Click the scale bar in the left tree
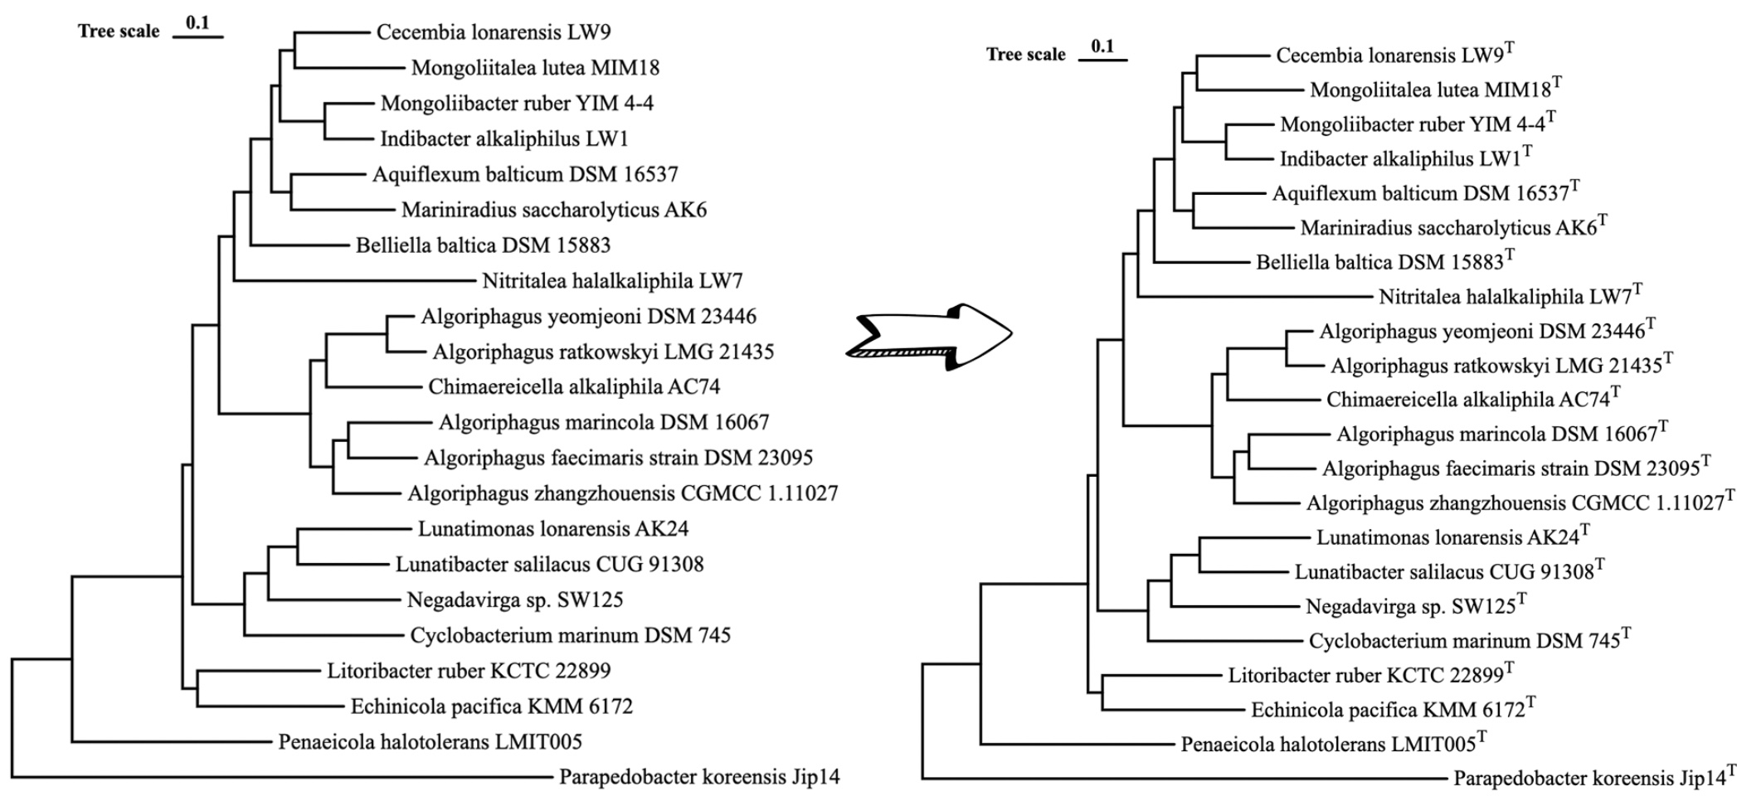198,36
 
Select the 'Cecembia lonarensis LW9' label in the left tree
494,32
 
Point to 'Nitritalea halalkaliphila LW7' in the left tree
612,281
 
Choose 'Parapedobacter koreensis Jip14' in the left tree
699,777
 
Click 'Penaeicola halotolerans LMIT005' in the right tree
1328,744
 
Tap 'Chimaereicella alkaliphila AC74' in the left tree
574,387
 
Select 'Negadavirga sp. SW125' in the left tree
514,600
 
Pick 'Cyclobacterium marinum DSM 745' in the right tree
1464,641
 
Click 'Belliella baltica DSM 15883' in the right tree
1379,263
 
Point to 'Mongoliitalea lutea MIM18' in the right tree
1430,90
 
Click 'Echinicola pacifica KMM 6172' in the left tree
491,706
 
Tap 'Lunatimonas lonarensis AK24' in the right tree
1447,537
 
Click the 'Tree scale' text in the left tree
119,32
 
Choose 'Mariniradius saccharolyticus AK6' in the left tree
553,210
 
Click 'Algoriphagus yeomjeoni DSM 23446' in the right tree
1482,332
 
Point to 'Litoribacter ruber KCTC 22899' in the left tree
469,671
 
